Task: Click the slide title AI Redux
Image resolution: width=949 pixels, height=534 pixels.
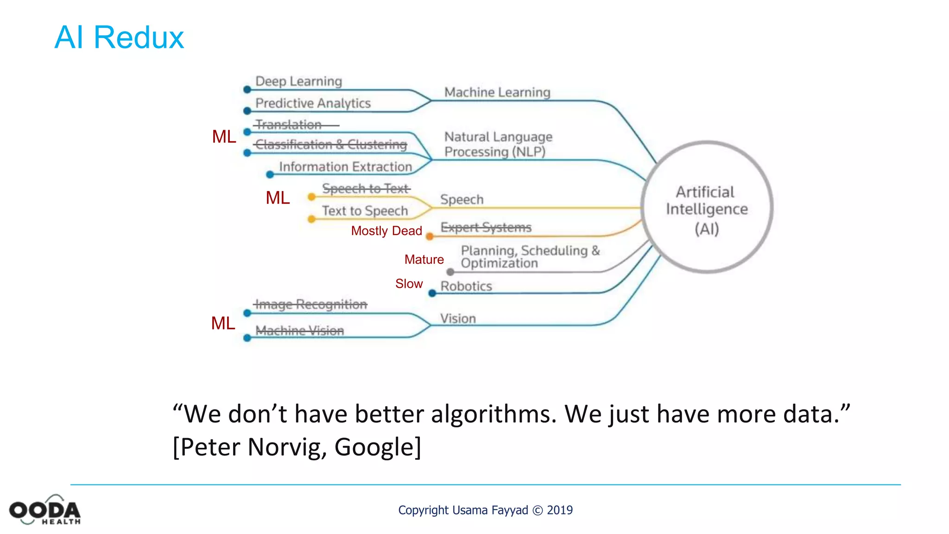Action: [119, 37]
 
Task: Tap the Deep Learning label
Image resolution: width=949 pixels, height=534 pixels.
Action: [298, 81]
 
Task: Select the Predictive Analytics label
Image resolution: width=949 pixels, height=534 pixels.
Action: [313, 103]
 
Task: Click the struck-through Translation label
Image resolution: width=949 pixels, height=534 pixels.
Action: [289, 125]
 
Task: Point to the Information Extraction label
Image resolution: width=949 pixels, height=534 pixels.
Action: [345, 166]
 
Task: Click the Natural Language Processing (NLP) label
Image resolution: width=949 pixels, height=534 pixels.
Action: [498, 144]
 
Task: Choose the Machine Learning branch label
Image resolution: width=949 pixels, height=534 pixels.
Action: [497, 92]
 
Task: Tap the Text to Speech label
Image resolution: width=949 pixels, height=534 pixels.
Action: [365, 211]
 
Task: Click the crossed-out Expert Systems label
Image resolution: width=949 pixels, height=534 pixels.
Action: [486, 227]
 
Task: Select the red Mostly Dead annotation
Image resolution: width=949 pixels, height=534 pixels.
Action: [386, 231]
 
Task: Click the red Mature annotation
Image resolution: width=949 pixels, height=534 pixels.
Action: [424, 260]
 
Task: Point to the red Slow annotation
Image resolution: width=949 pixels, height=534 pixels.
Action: [409, 284]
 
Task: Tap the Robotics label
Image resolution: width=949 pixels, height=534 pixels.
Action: [466, 286]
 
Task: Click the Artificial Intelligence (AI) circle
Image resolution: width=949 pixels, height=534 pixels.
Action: [707, 208]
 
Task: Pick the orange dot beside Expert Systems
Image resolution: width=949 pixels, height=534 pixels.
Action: [430, 237]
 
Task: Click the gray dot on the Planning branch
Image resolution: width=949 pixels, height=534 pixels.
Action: [450, 272]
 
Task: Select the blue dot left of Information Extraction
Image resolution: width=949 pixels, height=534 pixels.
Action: [270, 175]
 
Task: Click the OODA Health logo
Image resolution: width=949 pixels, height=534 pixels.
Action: [45, 510]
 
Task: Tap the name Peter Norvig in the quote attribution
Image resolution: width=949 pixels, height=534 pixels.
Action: [250, 447]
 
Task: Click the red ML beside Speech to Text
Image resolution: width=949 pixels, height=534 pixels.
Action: [278, 198]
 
